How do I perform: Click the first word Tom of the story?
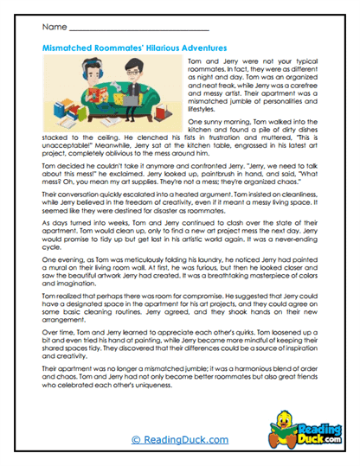click(x=192, y=64)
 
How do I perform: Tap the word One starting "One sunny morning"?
click(x=192, y=124)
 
